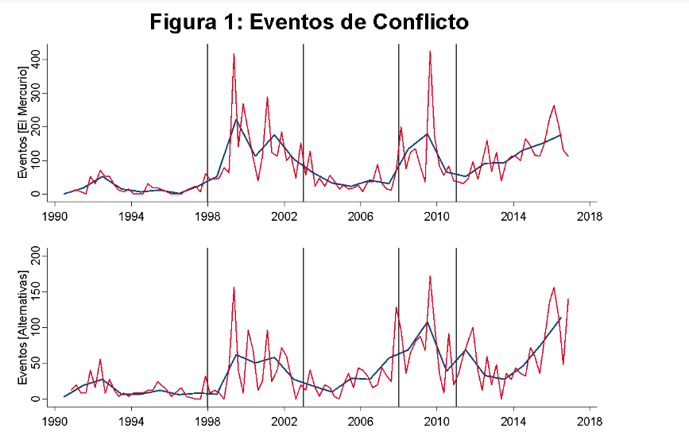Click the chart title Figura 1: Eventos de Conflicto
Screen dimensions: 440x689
tap(309, 22)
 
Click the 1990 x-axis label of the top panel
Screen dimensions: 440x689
tap(55, 216)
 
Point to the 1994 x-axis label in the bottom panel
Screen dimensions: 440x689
tap(131, 421)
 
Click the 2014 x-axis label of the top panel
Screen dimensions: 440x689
tap(513, 216)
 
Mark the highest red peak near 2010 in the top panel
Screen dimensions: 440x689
tap(430, 52)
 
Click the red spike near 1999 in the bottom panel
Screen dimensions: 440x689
tap(234, 288)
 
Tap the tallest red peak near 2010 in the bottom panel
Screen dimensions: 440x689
tap(430, 276)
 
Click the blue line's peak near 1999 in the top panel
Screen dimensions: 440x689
tap(235, 120)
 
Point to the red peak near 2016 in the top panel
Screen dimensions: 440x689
tap(554, 106)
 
